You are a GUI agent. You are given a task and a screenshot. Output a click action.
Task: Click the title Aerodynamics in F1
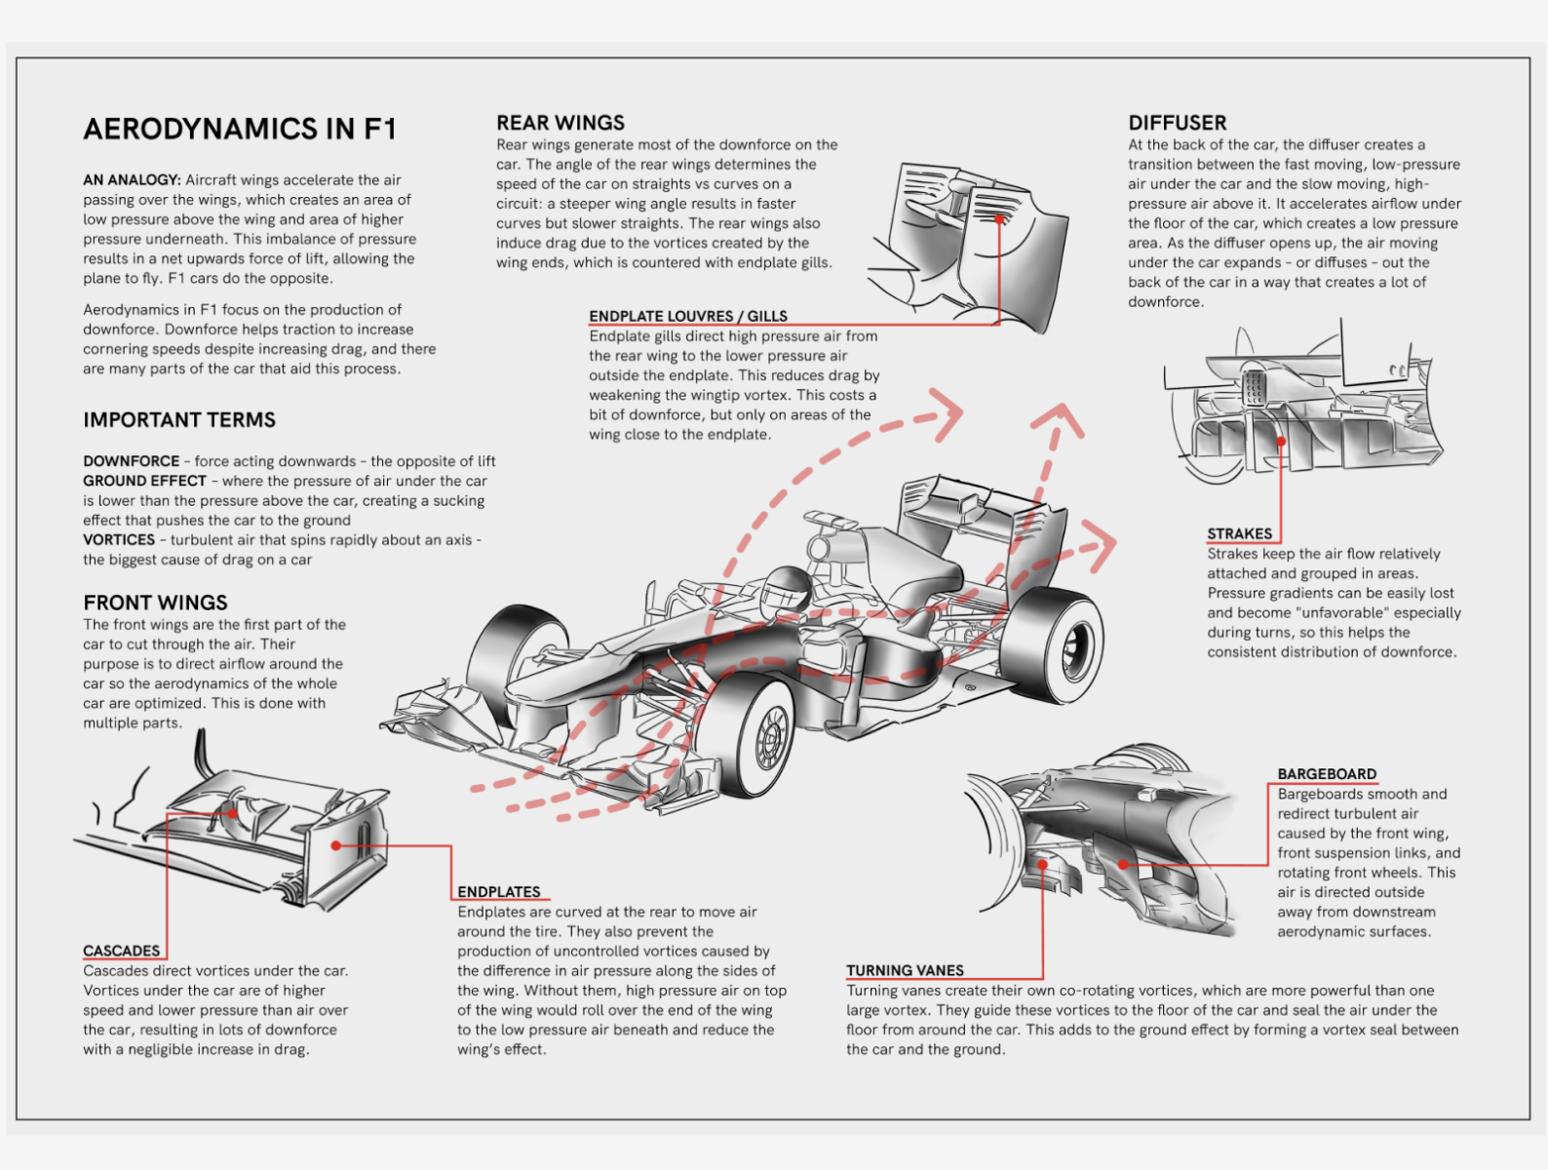tap(240, 129)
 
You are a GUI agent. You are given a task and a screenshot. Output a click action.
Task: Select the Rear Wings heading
tap(561, 123)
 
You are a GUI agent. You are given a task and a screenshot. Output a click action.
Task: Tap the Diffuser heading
tap(1177, 123)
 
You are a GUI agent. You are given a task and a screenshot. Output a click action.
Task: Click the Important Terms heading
tap(179, 420)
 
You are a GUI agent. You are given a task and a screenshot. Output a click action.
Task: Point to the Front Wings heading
tap(155, 603)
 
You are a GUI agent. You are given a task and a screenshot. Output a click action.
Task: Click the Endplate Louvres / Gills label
tap(687, 316)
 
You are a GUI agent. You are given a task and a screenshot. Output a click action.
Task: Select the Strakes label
tap(1239, 533)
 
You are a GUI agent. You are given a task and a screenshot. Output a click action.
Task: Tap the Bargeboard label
tap(1327, 774)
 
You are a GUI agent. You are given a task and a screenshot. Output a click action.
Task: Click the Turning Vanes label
tap(905, 970)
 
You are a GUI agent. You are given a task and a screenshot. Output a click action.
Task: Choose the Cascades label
tap(121, 951)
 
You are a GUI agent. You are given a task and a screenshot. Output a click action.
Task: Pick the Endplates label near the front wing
tap(498, 892)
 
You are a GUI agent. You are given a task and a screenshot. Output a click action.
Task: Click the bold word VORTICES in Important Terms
tap(119, 539)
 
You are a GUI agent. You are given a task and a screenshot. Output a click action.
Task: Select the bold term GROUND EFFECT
tap(144, 481)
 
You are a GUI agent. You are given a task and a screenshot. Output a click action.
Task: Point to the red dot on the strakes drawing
tap(1281, 441)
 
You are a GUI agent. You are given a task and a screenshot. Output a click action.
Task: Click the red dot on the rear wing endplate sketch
tap(998, 219)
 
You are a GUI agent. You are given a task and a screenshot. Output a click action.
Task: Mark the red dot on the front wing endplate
tap(335, 845)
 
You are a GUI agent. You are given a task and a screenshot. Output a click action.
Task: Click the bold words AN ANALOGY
tap(132, 180)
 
